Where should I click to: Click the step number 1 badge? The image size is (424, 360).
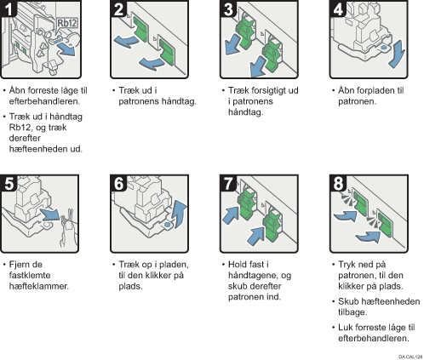click(9, 9)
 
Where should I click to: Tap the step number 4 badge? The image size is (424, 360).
click(338, 9)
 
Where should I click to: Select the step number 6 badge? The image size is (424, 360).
click(118, 183)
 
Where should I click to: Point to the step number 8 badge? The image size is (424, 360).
click(338, 183)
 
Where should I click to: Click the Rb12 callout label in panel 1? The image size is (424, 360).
click(67, 23)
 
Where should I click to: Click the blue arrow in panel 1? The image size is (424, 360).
click(67, 50)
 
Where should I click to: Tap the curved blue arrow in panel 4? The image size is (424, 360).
click(397, 54)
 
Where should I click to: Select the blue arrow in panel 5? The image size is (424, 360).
click(50, 214)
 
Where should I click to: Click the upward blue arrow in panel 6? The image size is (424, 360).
click(180, 214)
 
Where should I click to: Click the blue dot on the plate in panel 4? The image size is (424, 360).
click(383, 48)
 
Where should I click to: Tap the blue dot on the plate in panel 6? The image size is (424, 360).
click(168, 225)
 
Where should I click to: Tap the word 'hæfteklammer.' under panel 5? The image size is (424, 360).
click(39, 286)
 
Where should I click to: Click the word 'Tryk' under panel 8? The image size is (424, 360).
click(347, 265)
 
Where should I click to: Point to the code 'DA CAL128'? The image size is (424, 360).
click(410, 357)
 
